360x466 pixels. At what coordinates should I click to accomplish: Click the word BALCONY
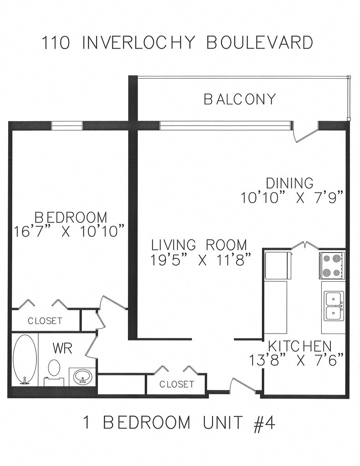tap(239, 99)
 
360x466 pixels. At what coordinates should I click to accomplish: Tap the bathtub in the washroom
tap(25, 360)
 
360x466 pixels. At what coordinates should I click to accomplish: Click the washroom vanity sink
tap(82, 376)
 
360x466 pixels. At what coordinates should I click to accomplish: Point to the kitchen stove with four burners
tap(332, 265)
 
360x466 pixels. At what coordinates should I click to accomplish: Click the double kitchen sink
tap(334, 306)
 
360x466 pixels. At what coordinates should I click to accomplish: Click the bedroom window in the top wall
tap(67, 126)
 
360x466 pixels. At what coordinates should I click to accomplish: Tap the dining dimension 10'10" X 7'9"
tap(293, 197)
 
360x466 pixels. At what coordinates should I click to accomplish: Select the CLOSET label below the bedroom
tap(45, 321)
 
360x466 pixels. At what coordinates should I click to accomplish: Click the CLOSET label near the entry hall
tap(177, 384)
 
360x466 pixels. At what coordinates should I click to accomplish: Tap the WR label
tap(62, 348)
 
